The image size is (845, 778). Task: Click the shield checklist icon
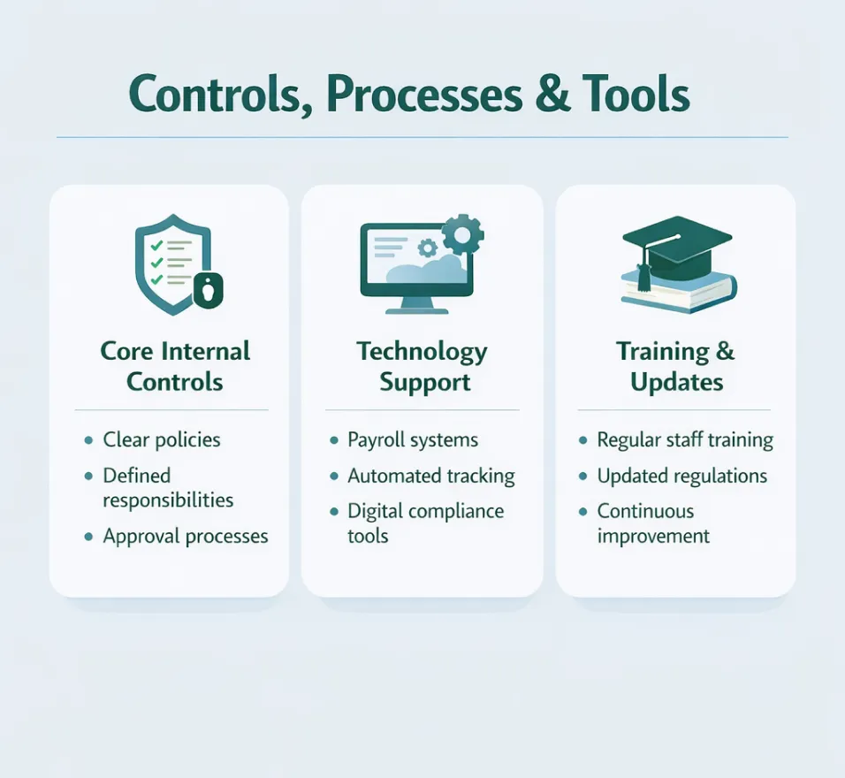tap(172, 263)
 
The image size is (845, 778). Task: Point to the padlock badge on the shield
tap(209, 289)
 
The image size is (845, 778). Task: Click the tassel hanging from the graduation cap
tap(643, 276)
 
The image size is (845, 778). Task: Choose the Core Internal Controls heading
tap(175, 366)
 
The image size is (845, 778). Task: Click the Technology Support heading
tap(422, 366)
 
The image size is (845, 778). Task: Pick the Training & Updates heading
tap(676, 366)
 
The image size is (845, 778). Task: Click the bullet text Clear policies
tap(162, 439)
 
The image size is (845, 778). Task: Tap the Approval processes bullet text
tap(186, 536)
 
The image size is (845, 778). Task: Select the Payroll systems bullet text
tap(413, 439)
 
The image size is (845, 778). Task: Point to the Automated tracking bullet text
tap(431, 476)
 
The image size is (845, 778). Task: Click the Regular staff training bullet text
tap(685, 439)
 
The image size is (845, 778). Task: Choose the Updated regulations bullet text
tap(682, 476)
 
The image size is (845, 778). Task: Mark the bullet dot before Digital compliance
tap(333, 512)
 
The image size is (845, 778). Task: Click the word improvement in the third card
tap(653, 536)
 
